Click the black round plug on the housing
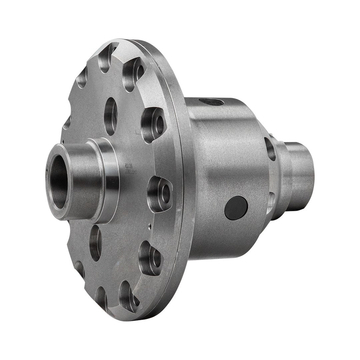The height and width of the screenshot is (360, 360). tap(236, 208)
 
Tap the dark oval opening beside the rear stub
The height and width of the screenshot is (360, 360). tap(271, 149)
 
